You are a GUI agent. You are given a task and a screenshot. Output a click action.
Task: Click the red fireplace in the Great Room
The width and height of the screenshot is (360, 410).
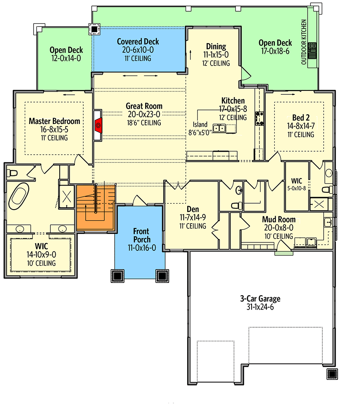click(98, 126)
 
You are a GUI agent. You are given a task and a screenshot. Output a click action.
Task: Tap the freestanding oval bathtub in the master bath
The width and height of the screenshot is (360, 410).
click(19, 196)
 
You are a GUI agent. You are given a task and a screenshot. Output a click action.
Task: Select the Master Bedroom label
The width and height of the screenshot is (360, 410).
click(54, 121)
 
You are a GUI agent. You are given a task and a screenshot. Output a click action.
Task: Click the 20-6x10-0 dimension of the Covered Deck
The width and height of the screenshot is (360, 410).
click(138, 50)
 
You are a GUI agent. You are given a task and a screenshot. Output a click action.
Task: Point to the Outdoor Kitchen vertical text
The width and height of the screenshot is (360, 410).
click(304, 42)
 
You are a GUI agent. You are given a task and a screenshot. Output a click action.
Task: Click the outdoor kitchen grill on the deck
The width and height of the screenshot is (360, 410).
click(312, 50)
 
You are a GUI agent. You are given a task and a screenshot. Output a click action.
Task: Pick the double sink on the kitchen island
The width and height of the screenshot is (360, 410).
click(219, 128)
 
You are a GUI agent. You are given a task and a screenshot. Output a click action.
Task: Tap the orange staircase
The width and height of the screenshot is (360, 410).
click(96, 207)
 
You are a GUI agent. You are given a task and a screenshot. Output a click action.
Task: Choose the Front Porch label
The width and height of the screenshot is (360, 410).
click(142, 235)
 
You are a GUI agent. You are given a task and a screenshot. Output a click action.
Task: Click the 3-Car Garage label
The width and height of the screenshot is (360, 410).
click(260, 299)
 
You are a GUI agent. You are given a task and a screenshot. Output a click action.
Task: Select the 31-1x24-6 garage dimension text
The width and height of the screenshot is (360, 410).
click(260, 307)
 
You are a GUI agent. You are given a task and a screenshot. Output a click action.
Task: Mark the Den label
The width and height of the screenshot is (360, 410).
click(193, 209)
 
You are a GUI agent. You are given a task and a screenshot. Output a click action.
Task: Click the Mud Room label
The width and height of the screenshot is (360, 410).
click(279, 219)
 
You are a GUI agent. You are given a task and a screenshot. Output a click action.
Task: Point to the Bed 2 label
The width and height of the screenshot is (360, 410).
click(301, 118)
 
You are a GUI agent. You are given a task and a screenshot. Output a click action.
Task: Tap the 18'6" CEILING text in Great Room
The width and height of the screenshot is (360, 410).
click(144, 123)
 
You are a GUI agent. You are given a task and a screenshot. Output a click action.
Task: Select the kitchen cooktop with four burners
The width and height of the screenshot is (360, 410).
click(260, 118)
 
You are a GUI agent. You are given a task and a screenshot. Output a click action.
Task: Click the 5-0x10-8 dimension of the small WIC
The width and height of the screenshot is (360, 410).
click(296, 188)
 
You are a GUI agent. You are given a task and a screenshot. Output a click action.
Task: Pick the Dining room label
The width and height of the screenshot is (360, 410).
click(216, 46)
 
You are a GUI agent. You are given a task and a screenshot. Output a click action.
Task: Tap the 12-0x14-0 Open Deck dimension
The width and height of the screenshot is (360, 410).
click(66, 58)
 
